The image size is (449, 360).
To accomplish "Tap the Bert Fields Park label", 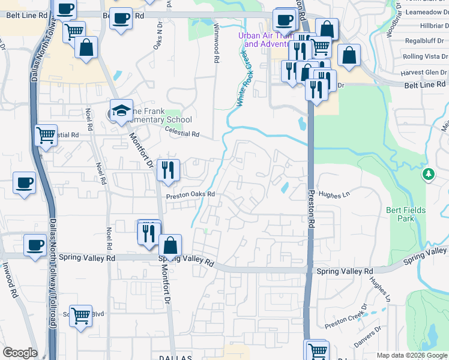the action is click(x=406, y=214).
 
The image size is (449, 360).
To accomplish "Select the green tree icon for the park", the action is click(x=429, y=174).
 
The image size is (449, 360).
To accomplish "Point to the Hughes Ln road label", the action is click(x=334, y=194).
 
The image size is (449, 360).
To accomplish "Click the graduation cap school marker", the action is click(x=121, y=110).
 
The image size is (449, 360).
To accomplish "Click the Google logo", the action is click(x=20, y=353).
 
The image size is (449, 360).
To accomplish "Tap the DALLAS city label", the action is click(x=175, y=357).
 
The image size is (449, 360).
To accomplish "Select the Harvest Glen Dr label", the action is click(x=423, y=72).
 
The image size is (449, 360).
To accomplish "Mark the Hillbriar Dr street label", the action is click(x=426, y=26).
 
